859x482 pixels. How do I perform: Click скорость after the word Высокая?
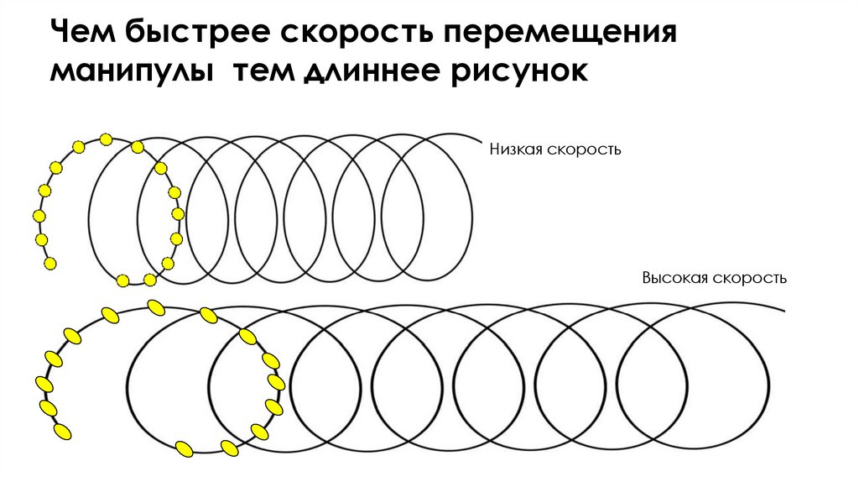click(748, 278)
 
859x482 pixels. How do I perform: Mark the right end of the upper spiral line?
click(482, 139)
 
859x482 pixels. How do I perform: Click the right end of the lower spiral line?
click(784, 312)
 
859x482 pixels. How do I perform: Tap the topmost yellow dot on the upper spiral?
click(106, 139)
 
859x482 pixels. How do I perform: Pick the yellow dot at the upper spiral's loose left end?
click(49, 264)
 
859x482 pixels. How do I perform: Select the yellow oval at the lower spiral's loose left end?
click(61, 432)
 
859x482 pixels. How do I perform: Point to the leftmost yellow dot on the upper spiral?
click(38, 217)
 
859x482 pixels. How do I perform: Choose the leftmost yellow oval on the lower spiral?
click(44, 385)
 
